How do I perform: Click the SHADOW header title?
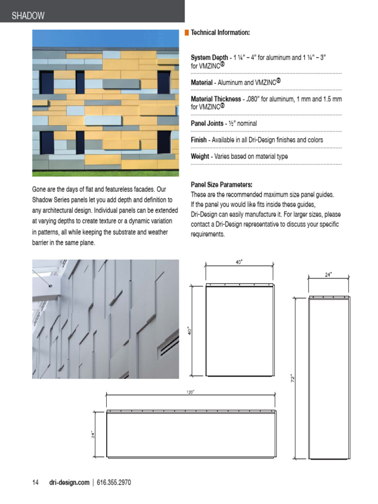click(28, 16)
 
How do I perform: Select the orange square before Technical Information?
click(187, 32)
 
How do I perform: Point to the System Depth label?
click(209, 58)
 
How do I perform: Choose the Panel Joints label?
click(207, 124)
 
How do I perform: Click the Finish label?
click(198, 140)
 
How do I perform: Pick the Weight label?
click(200, 157)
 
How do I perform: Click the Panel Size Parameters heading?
click(221, 185)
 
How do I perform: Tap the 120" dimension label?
click(190, 392)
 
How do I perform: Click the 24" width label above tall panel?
click(328, 275)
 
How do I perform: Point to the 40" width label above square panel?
click(239, 262)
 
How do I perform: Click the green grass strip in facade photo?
click(105, 173)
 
